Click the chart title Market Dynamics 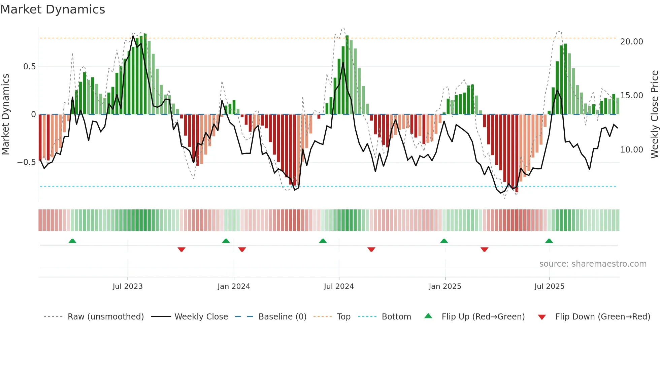tap(53, 9)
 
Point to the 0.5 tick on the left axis tap(29, 67)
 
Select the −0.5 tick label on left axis tap(26, 162)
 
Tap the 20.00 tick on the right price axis tap(631, 42)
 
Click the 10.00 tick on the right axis tap(631, 150)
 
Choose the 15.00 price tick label tap(631, 96)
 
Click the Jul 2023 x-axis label tap(128, 286)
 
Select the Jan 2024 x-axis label tap(234, 286)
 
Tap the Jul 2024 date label tap(339, 286)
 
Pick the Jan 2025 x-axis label tap(445, 286)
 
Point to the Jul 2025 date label tap(549, 286)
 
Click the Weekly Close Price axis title tap(654, 114)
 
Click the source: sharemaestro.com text tap(593, 264)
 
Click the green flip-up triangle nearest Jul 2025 tap(549, 241)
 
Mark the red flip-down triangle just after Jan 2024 tap(242, 249)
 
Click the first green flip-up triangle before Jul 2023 tap(72, 241)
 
